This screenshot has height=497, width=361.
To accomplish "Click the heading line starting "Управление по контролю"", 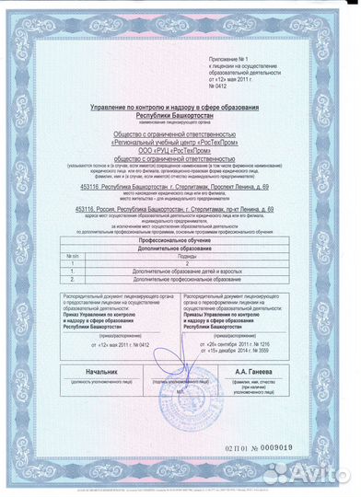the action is point(180,109).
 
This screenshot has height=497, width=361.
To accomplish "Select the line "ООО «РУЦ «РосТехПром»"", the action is point(180,151).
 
